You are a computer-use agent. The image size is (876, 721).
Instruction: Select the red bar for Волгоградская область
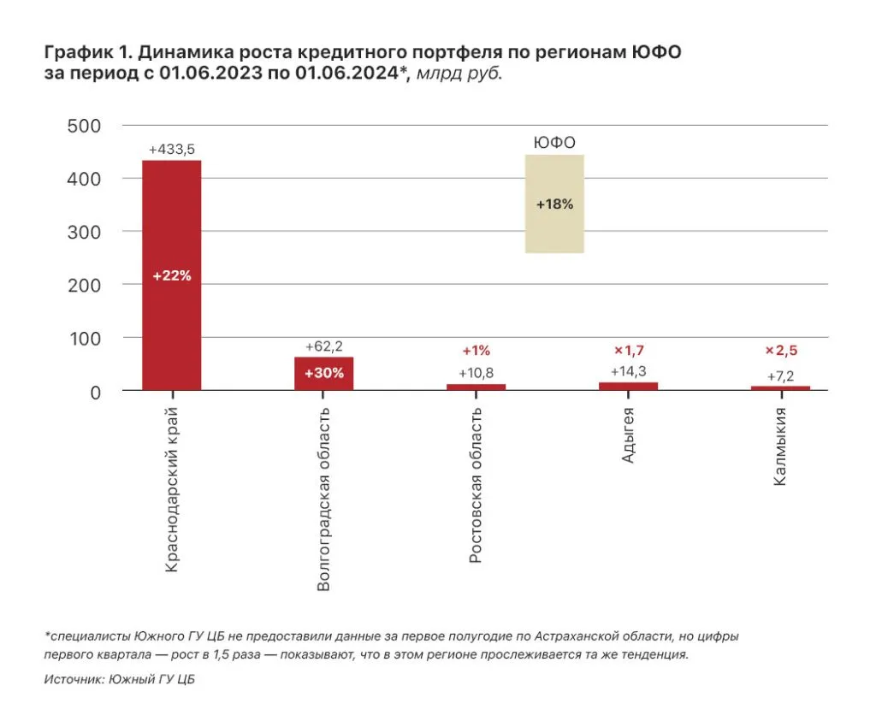point(323,374)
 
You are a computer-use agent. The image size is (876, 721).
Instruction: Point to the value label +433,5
point(171,150)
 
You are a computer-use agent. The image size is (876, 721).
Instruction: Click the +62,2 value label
point(324,346)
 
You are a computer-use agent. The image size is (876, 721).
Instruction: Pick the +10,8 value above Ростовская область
point(476,373)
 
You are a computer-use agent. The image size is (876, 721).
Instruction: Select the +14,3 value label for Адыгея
point(629,371)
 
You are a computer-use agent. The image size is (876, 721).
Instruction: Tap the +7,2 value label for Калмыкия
point(780,375)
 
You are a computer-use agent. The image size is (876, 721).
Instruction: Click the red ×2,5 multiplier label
point(780,351)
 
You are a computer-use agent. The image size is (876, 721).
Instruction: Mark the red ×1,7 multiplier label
point(629,351)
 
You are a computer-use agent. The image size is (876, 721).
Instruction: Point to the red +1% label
point(476,351)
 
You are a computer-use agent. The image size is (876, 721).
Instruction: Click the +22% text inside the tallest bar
point(171,275)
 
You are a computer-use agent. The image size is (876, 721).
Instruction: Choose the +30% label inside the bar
point(324,374)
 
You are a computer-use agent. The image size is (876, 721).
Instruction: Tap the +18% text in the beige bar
point(554,204)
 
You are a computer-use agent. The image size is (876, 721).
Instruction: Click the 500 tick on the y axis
point(84,126)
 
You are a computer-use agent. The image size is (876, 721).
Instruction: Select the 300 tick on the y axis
point(84,232)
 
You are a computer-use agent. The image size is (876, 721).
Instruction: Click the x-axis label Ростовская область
point(476,485)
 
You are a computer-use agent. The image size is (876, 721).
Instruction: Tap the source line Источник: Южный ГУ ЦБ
point(114,679)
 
